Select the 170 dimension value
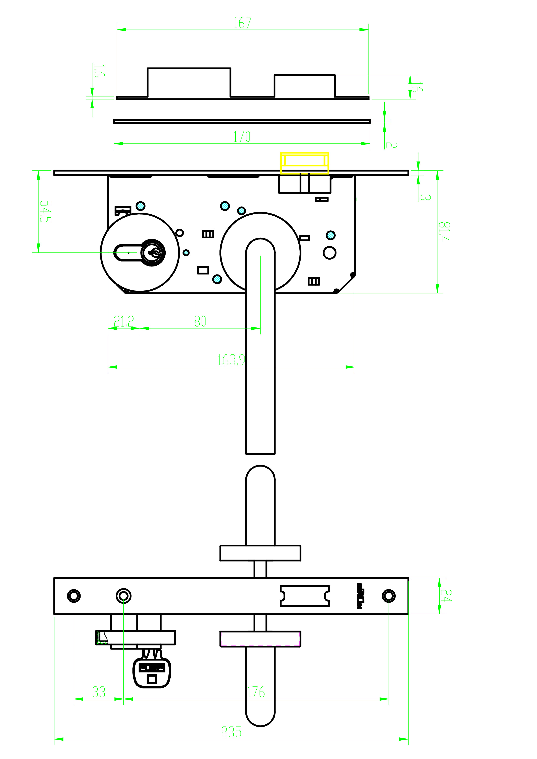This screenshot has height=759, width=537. [x=242, y=136]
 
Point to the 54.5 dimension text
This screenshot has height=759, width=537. [x=45, y=212]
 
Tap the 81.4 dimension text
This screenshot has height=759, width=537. [x=444, y=231]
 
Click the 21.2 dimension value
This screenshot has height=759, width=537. [x=124, y=321]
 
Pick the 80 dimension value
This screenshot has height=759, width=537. [x=200, y=321]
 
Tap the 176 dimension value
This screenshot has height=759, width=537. [x=256, y=692]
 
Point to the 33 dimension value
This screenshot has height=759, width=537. [x=99, y=692]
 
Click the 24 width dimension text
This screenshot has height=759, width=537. [x=446, y=596]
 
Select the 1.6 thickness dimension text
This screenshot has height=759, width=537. [x=98, y=71]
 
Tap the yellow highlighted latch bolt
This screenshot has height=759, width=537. [x=304, y=163]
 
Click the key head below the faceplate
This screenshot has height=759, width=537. [x=152, y=673]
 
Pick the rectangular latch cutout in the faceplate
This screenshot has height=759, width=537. [x=304, y=596]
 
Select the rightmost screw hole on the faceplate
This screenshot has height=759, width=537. [x=388, y=596]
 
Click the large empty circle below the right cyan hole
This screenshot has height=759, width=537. [x=330, y=253]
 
